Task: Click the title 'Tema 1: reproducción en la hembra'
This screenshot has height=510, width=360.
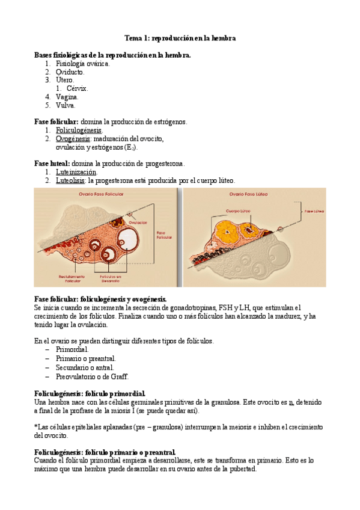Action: point(180,38)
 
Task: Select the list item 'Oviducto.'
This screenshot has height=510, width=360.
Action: point(70,72)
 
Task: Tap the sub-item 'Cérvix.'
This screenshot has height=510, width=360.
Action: point(77,88)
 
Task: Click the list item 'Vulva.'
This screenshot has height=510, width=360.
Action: point(67,105)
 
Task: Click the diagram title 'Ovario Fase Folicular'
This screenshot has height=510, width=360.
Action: point(103,195)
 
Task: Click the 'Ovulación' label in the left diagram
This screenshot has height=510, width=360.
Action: point(138,222)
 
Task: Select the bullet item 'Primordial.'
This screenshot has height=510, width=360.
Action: point(72,349)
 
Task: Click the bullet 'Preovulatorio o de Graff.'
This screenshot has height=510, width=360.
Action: point(92,376)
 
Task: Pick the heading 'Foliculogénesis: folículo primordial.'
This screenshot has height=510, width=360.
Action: point(90,393)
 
